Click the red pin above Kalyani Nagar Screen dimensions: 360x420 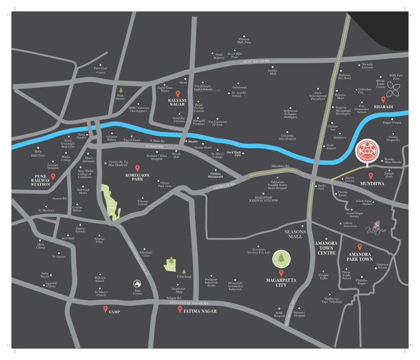[178, 95]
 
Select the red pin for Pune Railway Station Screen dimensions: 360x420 [53, 176]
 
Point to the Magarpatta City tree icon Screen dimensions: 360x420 [281, 258]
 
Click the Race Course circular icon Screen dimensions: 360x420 [137, 284]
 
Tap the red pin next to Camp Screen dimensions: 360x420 [105, 309]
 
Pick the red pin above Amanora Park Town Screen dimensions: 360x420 [360, 247]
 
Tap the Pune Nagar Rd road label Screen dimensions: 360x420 [257, 61]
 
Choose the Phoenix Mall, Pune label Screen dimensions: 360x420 [245, 41]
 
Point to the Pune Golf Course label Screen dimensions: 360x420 [101, 70]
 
